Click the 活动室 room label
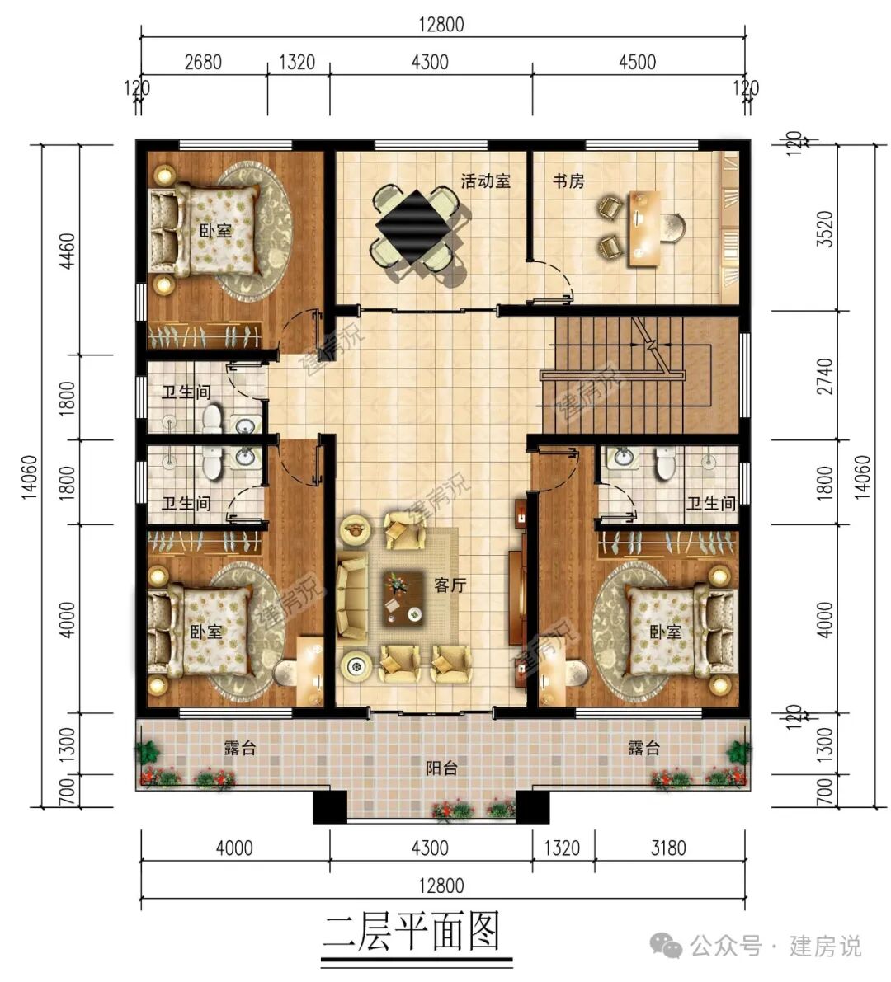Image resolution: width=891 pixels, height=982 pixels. tap(485, 181)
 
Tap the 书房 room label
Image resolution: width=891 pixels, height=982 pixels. tap(568, 181)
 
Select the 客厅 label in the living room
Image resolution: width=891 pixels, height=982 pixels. tap(450, 585)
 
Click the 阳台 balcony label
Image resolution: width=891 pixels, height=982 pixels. tap(441, 768)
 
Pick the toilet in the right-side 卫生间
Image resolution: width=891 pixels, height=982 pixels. tap(665, 464)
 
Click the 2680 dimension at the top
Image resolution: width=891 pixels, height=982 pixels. tap(203, 62)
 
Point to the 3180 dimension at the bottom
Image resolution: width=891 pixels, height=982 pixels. tap(667, 848)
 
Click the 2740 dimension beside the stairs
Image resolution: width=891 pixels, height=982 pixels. tap(823, 377)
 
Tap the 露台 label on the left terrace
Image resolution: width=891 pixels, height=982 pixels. tap(240, 749)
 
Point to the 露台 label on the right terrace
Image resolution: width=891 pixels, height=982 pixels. tap(643, 749)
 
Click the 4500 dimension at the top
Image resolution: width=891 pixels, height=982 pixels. tap(637, 62)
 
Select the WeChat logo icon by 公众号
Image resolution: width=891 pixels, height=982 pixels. tap(667, 946)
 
